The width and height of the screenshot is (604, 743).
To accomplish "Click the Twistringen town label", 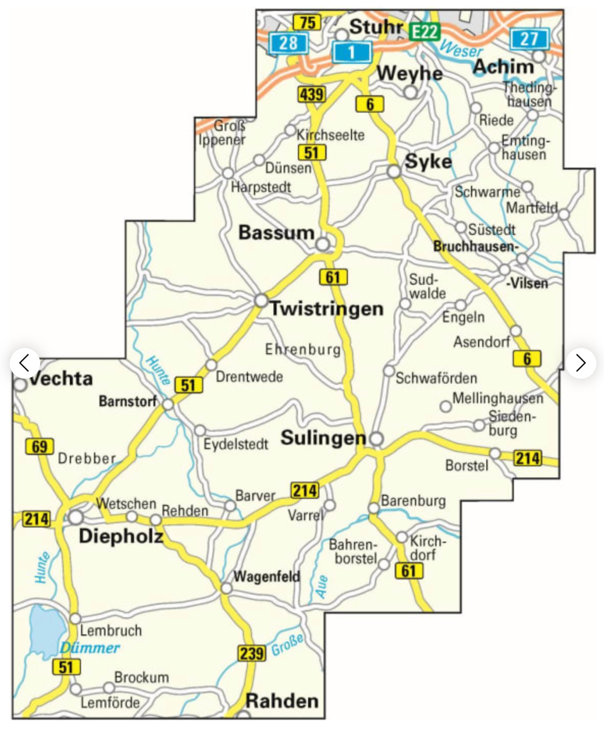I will pyautogui.click(x=326, y=308).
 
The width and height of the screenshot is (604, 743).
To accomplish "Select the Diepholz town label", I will pyautogui.click(x=121, y=536).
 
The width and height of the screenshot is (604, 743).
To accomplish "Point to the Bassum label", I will pyautogui.click(x=276, y=232).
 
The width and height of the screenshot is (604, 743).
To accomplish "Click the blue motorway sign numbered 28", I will pyautogui.click(x=288, y=42).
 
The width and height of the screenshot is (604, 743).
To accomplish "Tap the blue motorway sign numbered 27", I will pyautogui.click(x=530, y=39).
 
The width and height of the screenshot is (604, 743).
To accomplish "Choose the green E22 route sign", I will pyautogui.click(x=424, y=32).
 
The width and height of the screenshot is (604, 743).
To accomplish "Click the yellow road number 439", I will pyautogui.click(x=311, y=94).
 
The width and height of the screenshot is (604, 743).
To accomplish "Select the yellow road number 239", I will pyautogui.click(x=251, y=653).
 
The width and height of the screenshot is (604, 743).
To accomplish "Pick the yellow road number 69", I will pyautogui.click(x=39, y=446).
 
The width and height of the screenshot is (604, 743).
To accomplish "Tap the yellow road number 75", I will pyautogui.click(x=307, y=22).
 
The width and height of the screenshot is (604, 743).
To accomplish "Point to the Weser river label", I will pyautogui.click(x=460, y=49).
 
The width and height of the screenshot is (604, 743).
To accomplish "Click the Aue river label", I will pyautogui.click(x=321, y=586).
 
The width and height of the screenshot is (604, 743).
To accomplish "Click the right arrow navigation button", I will pyautogui.click(x=581, y=363).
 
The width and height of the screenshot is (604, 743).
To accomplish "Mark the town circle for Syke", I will pyautogui.click(x=394, y=172).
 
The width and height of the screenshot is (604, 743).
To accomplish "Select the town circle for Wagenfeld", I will pyautogui.click(x=226, y=588).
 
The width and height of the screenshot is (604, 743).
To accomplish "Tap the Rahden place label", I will pyautogui.click(x=282, y=701).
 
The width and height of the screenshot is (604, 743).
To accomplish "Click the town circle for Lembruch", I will pyautogui.click(x=75, y=618).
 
